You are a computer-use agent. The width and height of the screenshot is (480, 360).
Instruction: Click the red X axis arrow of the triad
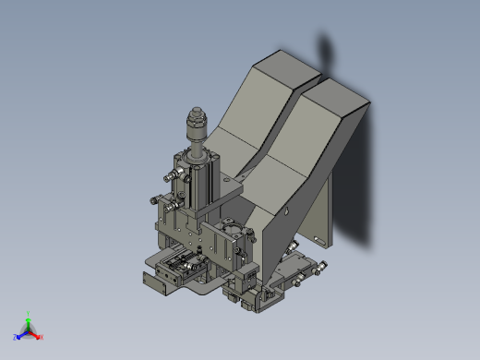point(39,336)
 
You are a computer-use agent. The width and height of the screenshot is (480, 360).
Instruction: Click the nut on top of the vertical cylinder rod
point(196,120)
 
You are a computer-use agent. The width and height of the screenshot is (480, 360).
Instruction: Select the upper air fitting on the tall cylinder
point(172,175)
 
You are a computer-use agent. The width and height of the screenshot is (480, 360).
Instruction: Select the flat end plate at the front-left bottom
point(157,281)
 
